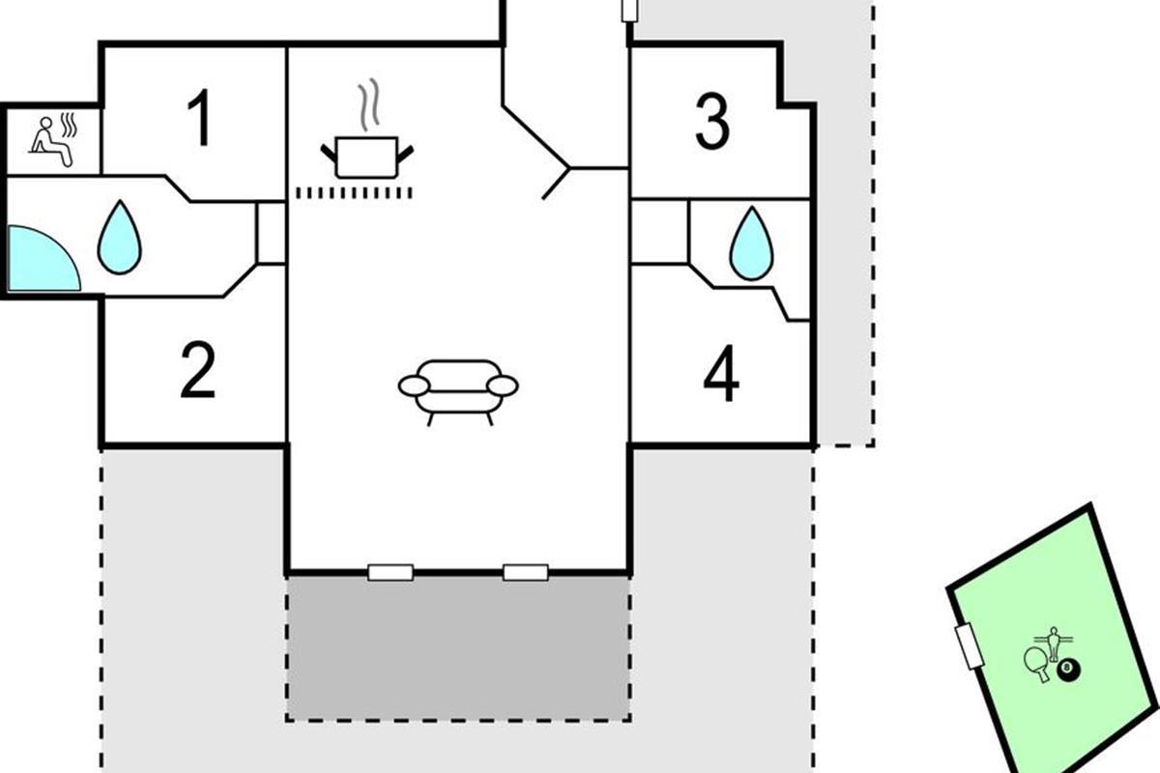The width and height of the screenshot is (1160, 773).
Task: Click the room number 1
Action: [199, 120]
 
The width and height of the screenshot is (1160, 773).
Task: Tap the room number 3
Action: [712, 123]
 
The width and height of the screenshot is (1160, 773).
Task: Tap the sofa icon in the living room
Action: [458, 390]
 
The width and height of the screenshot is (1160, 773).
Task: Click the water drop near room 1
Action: [119, 237]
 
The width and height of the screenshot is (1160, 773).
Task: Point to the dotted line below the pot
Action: [354, 193]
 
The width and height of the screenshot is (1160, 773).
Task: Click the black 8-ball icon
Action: [1068, 670]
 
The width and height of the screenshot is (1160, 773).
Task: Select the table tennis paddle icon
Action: [1038, 663]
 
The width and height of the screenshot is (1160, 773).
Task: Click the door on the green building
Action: [968, 645]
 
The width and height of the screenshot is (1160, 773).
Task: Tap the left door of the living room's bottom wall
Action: [391, 572]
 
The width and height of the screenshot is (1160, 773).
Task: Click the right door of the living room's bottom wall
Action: [526, 572]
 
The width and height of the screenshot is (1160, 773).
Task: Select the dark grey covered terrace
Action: [458, 647]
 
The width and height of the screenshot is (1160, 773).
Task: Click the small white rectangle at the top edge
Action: [629, 10]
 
